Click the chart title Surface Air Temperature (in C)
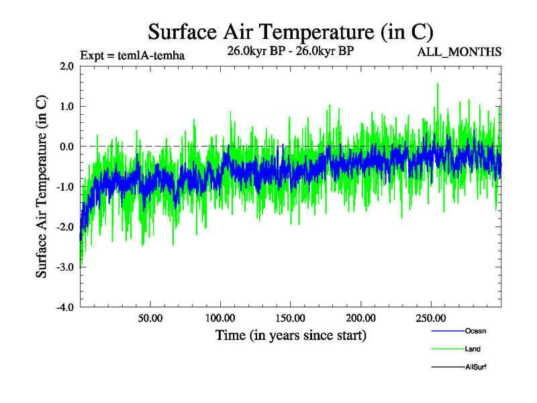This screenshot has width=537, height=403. click(291, 32)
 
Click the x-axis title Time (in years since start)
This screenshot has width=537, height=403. click(291, 334)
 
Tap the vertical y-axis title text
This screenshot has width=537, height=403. click(42, 187)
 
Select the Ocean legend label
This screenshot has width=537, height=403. click(475, 331)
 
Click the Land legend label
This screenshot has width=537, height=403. click(473, 349)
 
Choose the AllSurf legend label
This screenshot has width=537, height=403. click(476, 367)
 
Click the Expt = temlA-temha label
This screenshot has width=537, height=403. click(132, 55)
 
